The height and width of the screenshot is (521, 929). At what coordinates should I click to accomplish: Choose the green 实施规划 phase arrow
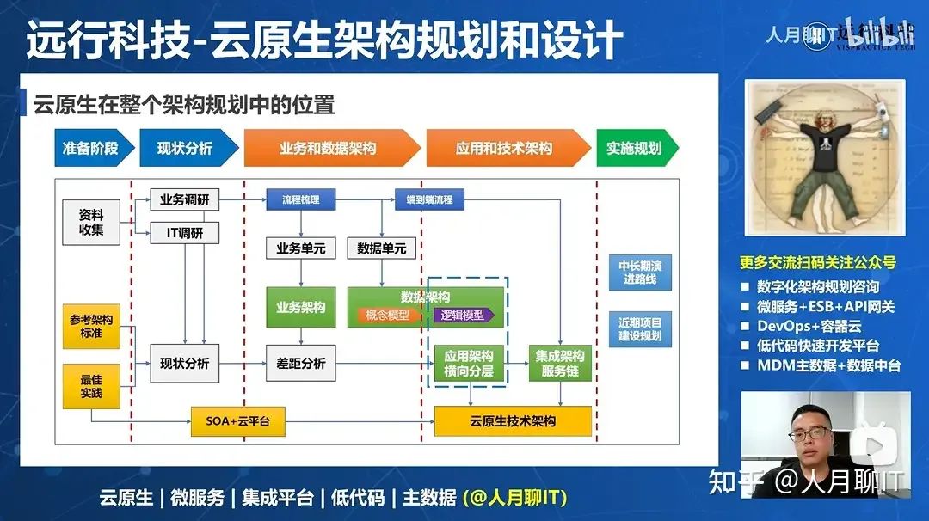(635, 148)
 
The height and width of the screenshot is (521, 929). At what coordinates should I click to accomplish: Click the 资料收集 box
(91, 222)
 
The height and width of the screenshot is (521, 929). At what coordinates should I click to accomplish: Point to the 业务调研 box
(185, 200)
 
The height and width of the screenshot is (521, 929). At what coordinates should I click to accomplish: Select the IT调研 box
(185, 233)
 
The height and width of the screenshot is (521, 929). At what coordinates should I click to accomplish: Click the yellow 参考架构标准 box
(91, 325)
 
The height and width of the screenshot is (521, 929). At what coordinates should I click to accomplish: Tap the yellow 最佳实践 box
(91, 386)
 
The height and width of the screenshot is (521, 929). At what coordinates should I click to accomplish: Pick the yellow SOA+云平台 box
(237, 421)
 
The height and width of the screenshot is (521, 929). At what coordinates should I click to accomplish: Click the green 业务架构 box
(300, 307)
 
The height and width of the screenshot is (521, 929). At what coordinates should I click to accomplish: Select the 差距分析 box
(300, 363)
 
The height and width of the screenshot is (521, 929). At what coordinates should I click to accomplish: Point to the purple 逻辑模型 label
(463, 316)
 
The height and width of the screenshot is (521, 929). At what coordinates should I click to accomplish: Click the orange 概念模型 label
(387, 316)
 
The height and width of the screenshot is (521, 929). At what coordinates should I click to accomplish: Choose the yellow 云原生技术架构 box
(513, 421)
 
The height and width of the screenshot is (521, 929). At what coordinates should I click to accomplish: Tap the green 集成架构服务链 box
(560, 363)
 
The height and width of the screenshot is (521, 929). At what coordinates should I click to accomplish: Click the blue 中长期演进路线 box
(639, 273)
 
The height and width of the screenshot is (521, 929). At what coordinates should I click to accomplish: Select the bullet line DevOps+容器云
(809, 327)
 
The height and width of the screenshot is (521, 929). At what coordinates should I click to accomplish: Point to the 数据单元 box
(381, 248)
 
